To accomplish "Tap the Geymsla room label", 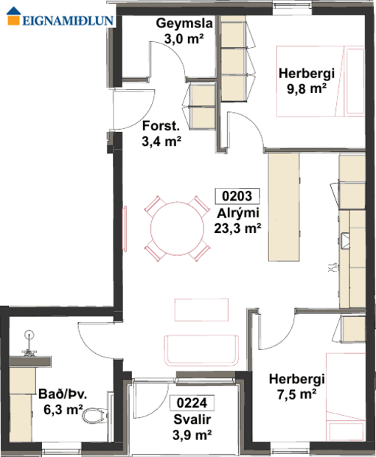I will tap(184, 24).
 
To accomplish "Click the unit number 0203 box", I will tap(237, 196).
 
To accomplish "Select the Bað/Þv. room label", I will tap(61, 395).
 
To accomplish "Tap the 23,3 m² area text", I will tap(237, 228).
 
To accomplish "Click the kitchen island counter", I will tap(285, 206).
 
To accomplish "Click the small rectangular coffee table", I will tap(201, 310).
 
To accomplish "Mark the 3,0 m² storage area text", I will tap(184, 40).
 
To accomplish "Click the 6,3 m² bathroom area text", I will tap(61, 410).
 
